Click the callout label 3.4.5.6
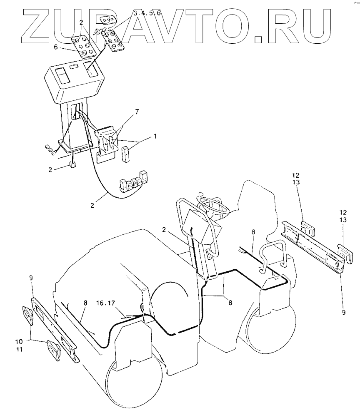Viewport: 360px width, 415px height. click(147, 14)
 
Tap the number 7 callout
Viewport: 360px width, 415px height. click(137, 112)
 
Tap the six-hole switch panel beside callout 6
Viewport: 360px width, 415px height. click(87, 46)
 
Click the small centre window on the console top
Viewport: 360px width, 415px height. click(75, 66)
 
